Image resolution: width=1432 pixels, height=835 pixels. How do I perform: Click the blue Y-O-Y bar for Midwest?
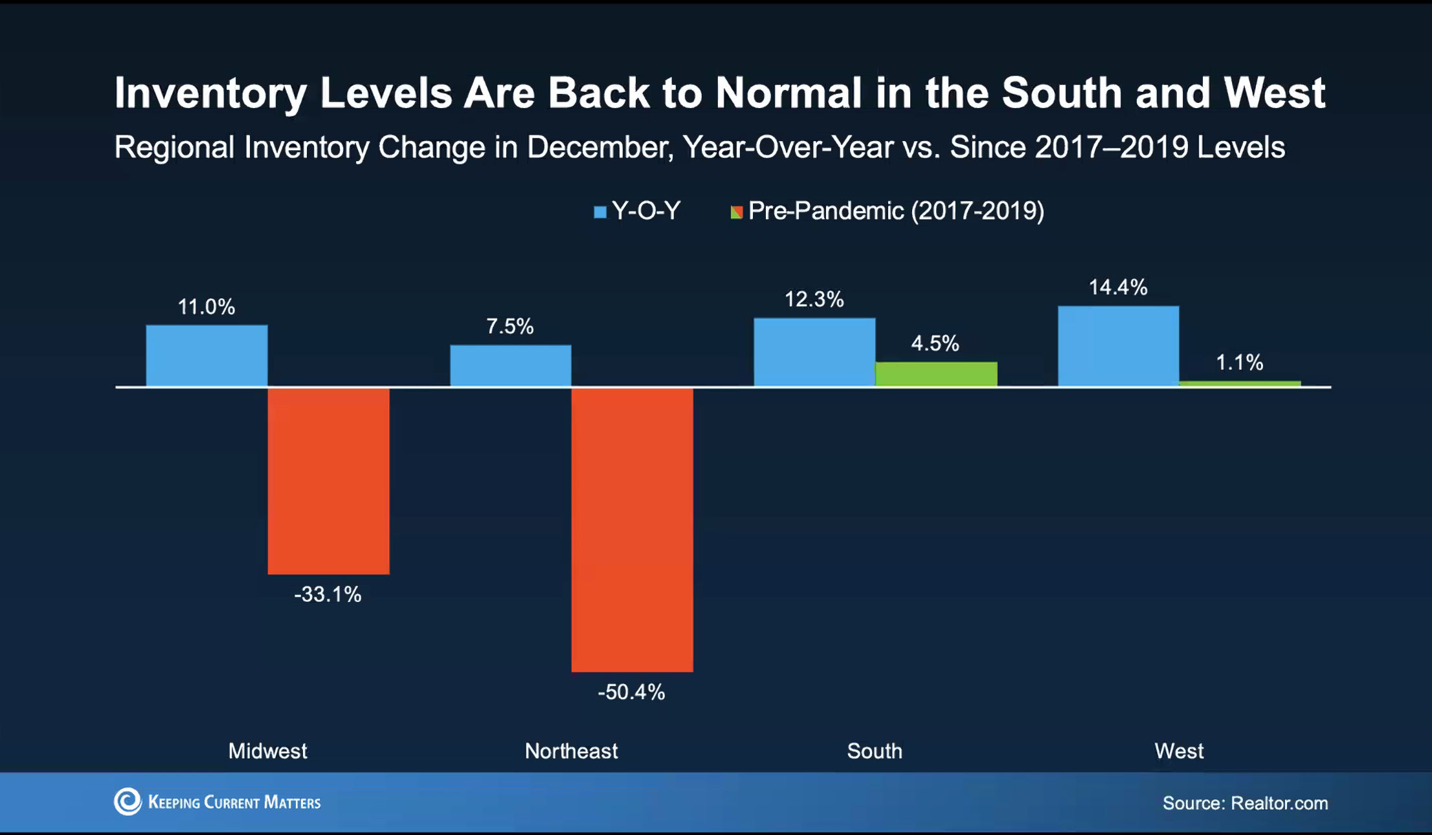coord(207,355)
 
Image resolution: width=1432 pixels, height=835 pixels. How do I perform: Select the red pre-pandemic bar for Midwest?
coord(328,480)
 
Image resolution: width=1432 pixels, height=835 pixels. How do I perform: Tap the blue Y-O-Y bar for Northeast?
coord(511,366)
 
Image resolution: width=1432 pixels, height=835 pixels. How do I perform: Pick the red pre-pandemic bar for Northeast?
coord(632,529)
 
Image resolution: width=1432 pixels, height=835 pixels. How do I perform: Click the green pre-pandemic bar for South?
coord(936,374)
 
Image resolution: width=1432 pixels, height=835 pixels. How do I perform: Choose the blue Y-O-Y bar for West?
coord(1118,346)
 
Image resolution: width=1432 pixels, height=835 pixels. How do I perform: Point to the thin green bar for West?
coord(1240,384)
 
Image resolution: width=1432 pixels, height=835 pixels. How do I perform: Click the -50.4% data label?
coord(631,692)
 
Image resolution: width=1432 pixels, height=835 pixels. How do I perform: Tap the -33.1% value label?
coord(328,594)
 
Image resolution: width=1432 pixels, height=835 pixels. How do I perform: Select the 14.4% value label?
coord(1118,287)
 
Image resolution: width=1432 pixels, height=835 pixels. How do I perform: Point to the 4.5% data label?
coord(935,343)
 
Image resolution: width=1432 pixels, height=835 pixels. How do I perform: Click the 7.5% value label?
coord(510,326)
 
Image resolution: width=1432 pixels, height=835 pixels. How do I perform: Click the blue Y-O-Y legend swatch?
coord(600,212)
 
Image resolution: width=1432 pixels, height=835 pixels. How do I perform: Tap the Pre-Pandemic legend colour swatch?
coord(737,212)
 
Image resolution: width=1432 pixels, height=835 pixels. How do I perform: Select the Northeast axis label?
coord(571,751)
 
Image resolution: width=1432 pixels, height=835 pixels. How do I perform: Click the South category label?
coord(875,751)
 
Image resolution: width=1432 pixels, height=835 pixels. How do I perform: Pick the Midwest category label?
coord(267,751)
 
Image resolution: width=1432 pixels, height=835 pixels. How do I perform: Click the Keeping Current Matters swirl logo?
coord(128,801)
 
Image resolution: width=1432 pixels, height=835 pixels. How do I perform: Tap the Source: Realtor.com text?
coord(1245,803)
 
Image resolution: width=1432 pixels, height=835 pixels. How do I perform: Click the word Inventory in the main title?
coord(210,93)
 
